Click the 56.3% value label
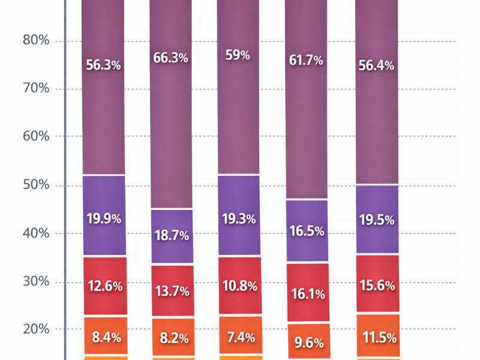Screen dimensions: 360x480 click(103, 65)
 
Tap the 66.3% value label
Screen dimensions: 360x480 click(171, 58)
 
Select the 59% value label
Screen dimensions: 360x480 click(238, 55)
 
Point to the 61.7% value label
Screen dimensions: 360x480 click(306, 60)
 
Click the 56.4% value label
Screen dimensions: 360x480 click(376, 65)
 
